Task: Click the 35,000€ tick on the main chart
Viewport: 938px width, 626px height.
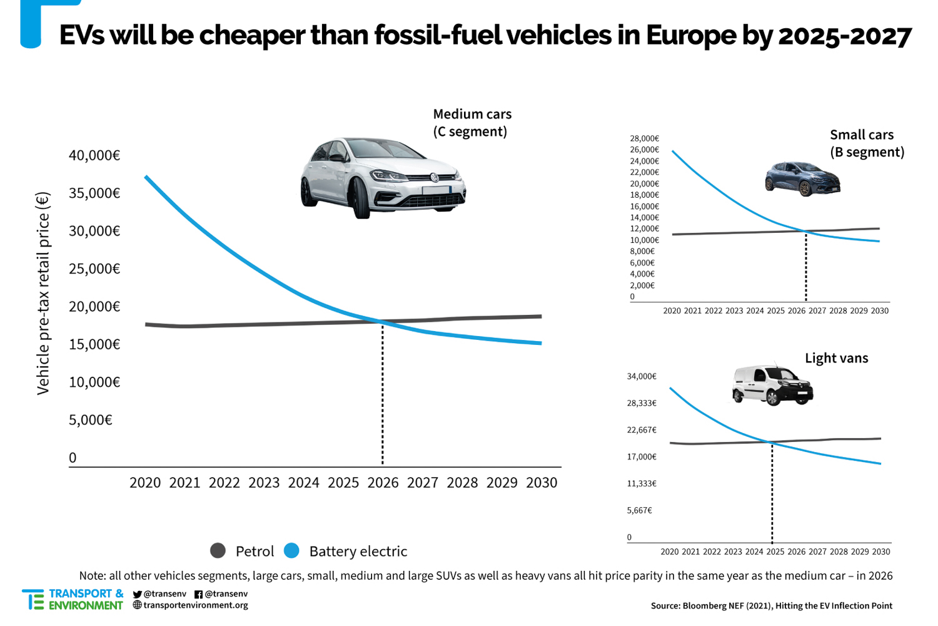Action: [x=94, y=193]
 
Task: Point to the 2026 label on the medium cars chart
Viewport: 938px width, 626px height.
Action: [x=383, y=483]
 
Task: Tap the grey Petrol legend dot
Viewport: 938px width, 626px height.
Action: [x=218, y=551]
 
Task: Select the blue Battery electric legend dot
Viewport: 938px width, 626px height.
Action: [x=291, y=551]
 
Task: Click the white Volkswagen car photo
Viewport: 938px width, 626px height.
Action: [x=383, y=178]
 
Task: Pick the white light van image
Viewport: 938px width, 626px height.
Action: [x=772, y=385]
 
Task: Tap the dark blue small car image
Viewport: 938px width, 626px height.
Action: [x=802, y=178]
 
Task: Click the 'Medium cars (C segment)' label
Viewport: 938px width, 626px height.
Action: [x=472, y=123]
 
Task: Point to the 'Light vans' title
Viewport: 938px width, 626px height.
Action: [x=836, y=358]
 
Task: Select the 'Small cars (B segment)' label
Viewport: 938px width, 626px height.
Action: [x=867, y=143]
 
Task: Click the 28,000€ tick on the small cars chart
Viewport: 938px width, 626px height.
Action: [x=644, y=138]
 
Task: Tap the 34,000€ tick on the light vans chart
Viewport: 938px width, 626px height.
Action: [x=642, y=376]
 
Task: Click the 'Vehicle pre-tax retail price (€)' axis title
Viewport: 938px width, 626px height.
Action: [x=43, y=293]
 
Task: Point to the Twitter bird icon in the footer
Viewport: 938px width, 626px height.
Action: [x=138, y=594]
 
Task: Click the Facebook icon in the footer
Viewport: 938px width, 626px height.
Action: [x=198, y=594]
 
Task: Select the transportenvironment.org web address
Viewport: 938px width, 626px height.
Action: [x=195, y=605]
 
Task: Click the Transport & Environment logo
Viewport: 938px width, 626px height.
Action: [x=73, y=600]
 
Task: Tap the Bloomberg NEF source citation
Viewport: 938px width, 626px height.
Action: [x=771, y=605]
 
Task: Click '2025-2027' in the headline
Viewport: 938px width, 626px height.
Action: [x=844, y=36]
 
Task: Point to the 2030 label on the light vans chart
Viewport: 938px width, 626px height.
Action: [x=880, y=552]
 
